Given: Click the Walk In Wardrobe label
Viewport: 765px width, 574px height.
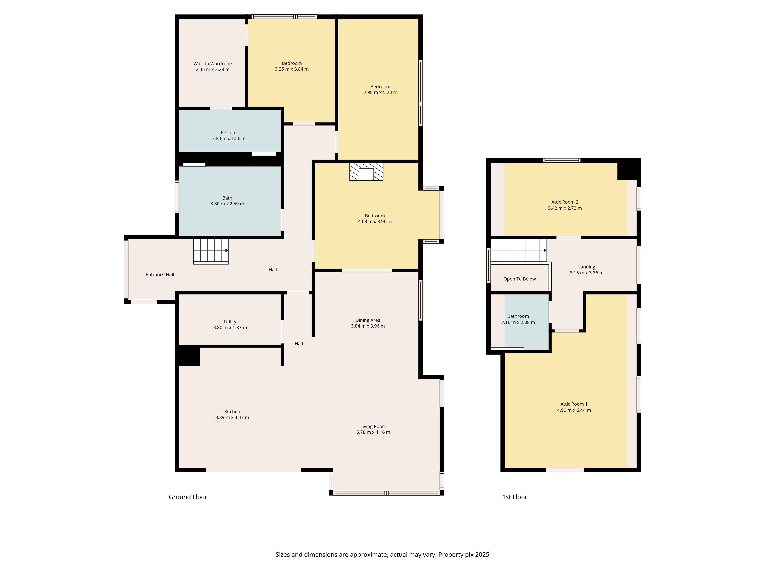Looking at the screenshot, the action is click(212, 64).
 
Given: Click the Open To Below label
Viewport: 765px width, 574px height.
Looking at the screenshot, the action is click(519, 279).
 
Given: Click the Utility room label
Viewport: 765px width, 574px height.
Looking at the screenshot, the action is click(230, 322).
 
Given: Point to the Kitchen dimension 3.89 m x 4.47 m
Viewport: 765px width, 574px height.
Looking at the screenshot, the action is click(232, 418).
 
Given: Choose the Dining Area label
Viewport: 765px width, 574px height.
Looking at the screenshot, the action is click(368, 320).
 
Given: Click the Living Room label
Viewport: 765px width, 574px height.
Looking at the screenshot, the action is click(373, 427).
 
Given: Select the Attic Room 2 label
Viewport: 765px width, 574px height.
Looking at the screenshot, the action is click(565, 202).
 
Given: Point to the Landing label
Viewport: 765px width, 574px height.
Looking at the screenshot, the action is click(587, 267).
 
